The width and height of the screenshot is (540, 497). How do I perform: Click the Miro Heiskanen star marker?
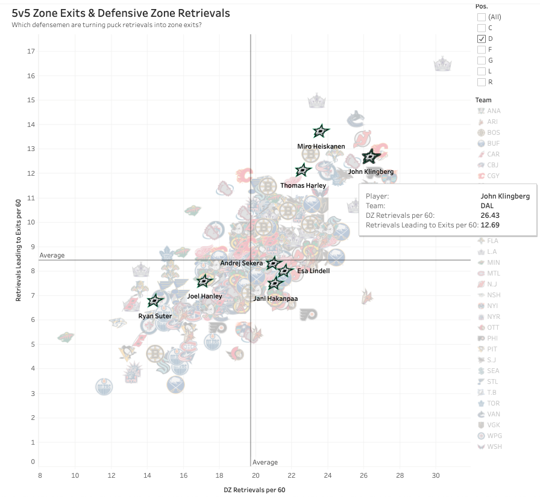click(x=321, y=131)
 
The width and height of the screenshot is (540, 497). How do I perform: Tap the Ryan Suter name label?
click(x=155, y=316)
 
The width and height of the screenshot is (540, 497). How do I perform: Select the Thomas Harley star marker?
click(x=303, y=171)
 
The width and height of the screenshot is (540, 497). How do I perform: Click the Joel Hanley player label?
click(x=204, y=296)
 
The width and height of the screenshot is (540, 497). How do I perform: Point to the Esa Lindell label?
click(x=313, y=271)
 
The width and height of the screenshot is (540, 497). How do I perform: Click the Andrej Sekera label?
click(x=241, y=263)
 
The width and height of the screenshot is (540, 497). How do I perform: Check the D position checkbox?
click(x=481, y=39)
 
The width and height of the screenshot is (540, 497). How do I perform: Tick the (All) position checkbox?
click(x=481, y=17)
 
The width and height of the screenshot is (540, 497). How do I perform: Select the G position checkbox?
click(x=481, y=60)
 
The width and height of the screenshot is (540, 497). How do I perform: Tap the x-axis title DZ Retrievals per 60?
click(x=254, y=490)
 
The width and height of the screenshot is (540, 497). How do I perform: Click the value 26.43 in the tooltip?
click(x=489, y=215)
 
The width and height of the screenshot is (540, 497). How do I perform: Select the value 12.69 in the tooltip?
click(x=489, y=224)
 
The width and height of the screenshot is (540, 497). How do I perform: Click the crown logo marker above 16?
click(x=443, y=64)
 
